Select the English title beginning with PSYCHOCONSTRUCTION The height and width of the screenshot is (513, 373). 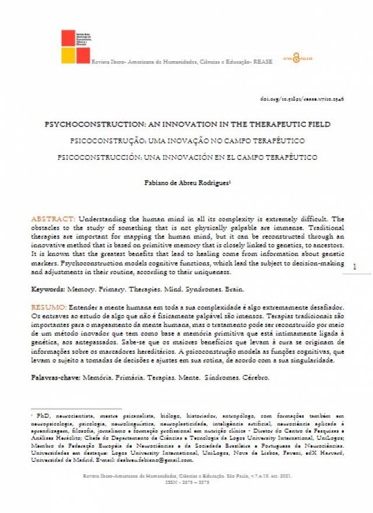coord(187,124)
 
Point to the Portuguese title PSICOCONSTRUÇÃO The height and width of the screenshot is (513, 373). coord(187,140)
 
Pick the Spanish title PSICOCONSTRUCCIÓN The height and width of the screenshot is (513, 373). coord(187,157)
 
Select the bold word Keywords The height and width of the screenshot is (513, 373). coord(48,289)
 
